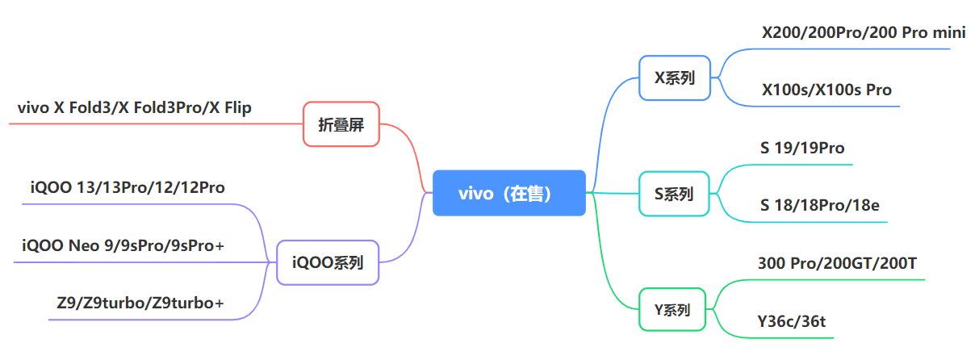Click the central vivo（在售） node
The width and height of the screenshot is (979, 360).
tap(508, 193)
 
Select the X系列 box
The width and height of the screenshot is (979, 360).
tap(674, 77)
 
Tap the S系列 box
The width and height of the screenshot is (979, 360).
tap(674, 194)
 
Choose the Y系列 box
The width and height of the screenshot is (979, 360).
tap(672, 309)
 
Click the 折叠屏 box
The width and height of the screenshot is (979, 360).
tap(341, 124)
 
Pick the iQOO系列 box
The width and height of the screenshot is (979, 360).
tap(327, 262)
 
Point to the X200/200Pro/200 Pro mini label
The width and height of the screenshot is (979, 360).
tap(852, 33)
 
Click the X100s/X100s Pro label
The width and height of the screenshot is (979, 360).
tap(826, 90)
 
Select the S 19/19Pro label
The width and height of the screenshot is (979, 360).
tap(802, 148)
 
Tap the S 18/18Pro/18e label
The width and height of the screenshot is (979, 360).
tap(819, 205)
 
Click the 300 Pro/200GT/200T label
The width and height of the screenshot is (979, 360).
tap(837, 263)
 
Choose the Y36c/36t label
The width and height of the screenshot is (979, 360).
tap(791, 321)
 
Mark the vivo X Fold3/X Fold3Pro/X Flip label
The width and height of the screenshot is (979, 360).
tap(134, 107)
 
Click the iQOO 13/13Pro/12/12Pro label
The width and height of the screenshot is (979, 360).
tap(128, 187)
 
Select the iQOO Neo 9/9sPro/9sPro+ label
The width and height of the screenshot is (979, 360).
tap(123, 245)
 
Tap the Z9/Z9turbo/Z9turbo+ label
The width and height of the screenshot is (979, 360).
tap(140, 303)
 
